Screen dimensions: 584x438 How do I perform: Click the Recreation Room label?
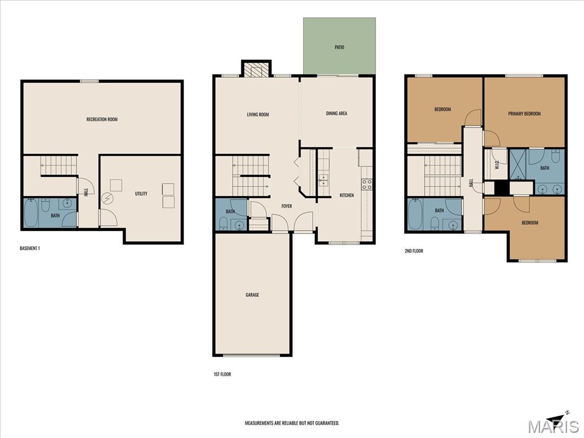[102, 119]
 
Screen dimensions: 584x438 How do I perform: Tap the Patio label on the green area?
[339, 47]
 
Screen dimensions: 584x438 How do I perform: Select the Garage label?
[252, 295]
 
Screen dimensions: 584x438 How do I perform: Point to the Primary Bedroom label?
[525, 113]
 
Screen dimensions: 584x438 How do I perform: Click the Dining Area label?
[336, 113]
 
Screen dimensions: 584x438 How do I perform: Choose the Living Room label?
[258, 114]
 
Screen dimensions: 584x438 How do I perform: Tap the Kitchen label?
[346, 195]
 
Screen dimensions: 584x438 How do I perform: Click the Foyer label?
[286, 206]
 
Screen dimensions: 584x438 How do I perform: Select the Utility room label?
[141, 194]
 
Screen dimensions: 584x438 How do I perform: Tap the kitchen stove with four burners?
[367, 184]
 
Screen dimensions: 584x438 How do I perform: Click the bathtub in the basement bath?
[31, 213]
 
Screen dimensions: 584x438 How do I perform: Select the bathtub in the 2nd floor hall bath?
[415, 215]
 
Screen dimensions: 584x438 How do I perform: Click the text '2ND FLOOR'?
[414, 251]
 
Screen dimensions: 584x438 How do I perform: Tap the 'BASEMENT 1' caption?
[30, 248]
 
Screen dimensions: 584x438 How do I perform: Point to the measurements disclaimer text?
[292, 423]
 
